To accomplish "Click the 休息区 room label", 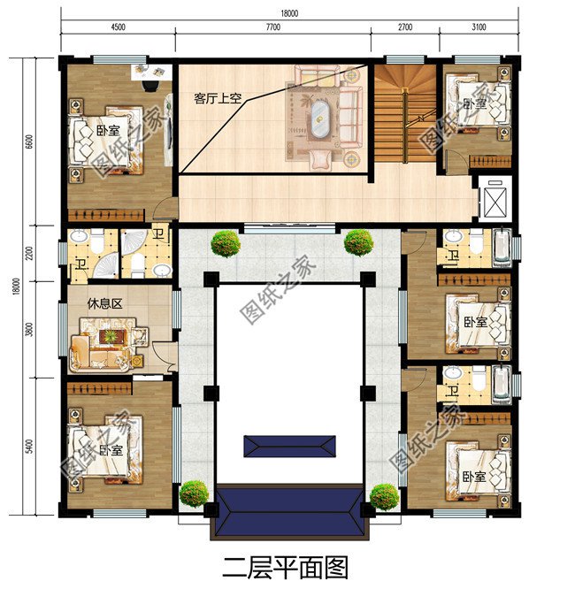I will (x=103, y=302).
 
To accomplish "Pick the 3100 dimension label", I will (x=479, y=27).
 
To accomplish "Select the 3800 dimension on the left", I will (x=29, y=328).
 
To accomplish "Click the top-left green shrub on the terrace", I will (x=225, y=242).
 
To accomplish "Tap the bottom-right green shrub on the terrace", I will (x=384, y=496).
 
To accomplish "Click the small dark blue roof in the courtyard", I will (x=289, y=446).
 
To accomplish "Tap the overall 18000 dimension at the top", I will (x=288, y=13).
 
